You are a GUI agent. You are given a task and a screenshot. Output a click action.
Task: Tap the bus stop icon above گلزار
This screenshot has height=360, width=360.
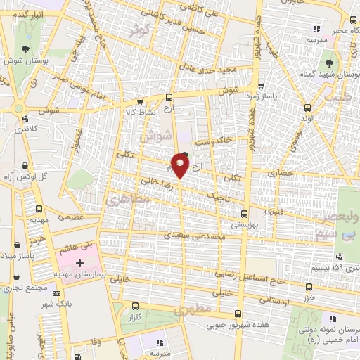[136, 307]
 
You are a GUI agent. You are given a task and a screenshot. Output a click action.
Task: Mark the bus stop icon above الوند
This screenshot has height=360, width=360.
[308, 108]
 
